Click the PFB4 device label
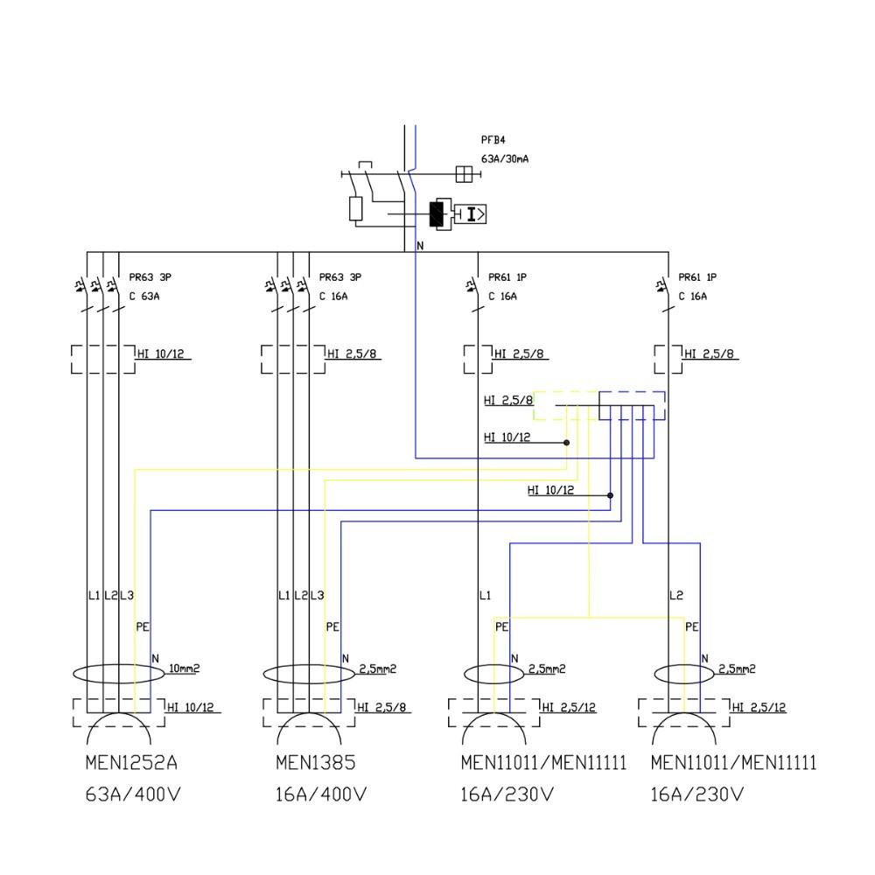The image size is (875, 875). (x=493, y=139)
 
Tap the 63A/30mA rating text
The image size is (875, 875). (x=505, y=159)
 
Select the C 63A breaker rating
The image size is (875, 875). (x=144, y=297)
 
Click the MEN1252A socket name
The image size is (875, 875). (x=131, y=763)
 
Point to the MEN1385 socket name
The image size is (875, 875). (x=315, y=763)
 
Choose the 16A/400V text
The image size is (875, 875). (x=320, y=795)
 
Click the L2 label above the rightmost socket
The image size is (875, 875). (x=675, y=596)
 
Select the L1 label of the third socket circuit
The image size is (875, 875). (x=485, y=596)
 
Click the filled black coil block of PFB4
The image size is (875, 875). (x=436, y=213)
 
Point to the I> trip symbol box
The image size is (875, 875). (x=473, y=213)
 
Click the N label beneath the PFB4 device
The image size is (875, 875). (x=420, y=246)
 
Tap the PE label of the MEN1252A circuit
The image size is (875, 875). (x=143, y=627)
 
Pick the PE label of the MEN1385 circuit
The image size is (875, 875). (x=332, y=627)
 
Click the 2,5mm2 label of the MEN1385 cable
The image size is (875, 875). (x=377, y=669)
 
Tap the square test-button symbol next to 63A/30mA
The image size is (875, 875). (x=465, y=174)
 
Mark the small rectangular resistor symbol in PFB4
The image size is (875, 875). (x=355, y=208)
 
